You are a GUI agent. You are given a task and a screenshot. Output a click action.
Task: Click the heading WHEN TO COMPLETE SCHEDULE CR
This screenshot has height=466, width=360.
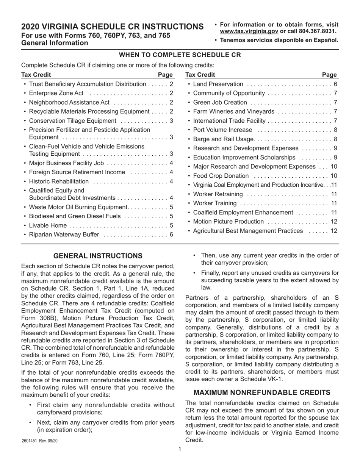180,55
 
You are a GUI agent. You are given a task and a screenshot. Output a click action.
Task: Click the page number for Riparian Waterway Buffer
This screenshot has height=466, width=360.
171,235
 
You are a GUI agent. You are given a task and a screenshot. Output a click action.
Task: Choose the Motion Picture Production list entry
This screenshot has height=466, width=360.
228,222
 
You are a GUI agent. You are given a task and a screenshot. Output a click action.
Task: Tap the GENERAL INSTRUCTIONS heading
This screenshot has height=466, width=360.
98,256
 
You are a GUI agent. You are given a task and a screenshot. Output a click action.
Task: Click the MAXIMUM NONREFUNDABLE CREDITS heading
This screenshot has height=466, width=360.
262,392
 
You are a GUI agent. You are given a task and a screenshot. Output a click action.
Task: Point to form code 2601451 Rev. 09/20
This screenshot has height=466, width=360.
40,441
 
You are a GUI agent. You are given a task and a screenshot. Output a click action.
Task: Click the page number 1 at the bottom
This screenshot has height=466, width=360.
180,449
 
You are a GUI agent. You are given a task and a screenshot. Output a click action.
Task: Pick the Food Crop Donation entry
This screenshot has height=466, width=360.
221,176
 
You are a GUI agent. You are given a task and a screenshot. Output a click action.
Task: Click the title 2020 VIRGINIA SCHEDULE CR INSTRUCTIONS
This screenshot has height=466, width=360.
112,27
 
